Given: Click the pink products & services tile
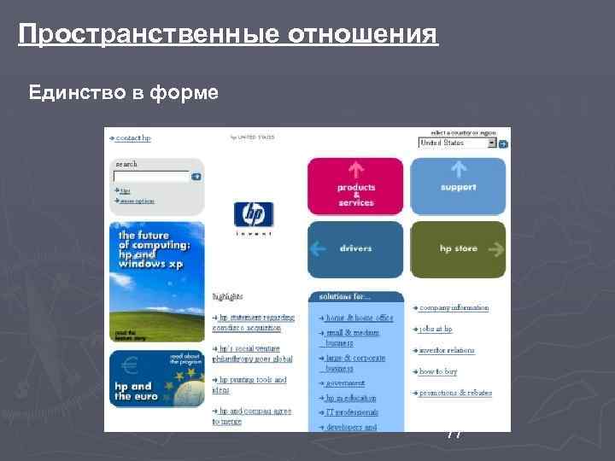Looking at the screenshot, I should pos(355,185).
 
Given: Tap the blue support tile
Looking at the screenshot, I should pos(458,185).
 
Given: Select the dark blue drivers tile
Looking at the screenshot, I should pos(355,249).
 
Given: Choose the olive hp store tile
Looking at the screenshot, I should pos(458,249).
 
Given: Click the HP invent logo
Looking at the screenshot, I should pos(254,217).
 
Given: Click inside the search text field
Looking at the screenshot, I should pos(151,177).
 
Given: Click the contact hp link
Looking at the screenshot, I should pos(132,137).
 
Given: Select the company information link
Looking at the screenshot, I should pos(454,307).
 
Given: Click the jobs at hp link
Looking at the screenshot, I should pos(436,329).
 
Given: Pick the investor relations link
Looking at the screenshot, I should pos(447,350).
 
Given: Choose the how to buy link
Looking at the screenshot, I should pos(437,372).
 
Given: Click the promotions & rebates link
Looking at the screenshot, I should pos(455,394).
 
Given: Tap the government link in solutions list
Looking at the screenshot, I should pos(346,384).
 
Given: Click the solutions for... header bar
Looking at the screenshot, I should pos(355,297).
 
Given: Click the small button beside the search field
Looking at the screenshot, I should pos(196,177).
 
